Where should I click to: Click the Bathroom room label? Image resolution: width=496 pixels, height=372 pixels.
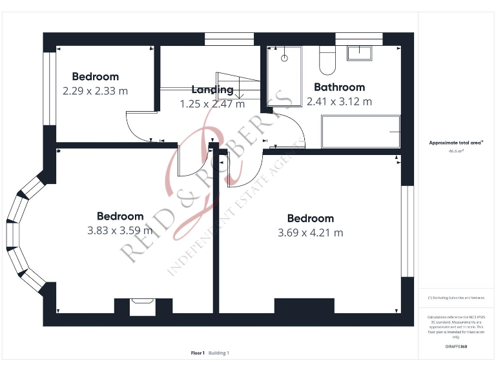(x=339, y=87)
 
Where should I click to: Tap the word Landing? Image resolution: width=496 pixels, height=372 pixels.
(x=212, y=90)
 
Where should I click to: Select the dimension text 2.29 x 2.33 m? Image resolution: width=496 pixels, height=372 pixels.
(x=95, y=91)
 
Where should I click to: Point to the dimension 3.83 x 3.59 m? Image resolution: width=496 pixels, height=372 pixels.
(x=119, y=230)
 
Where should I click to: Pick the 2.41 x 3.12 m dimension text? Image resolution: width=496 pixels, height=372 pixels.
(x=339, y=101)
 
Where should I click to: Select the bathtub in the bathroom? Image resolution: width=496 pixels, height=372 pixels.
(x=360, y=132)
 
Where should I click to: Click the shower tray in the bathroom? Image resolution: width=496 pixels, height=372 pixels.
(x=284, y=76)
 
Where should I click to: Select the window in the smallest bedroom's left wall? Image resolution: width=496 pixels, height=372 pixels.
(x=47, y=88)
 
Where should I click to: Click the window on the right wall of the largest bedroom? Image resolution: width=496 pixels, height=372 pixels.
(x=407, y=231)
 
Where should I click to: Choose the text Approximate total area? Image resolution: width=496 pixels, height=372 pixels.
(x=456, y=142)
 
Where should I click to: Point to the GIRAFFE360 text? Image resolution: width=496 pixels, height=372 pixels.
(x=456, y=347)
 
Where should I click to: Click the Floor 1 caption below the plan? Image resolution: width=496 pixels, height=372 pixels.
(x=198, y=353)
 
